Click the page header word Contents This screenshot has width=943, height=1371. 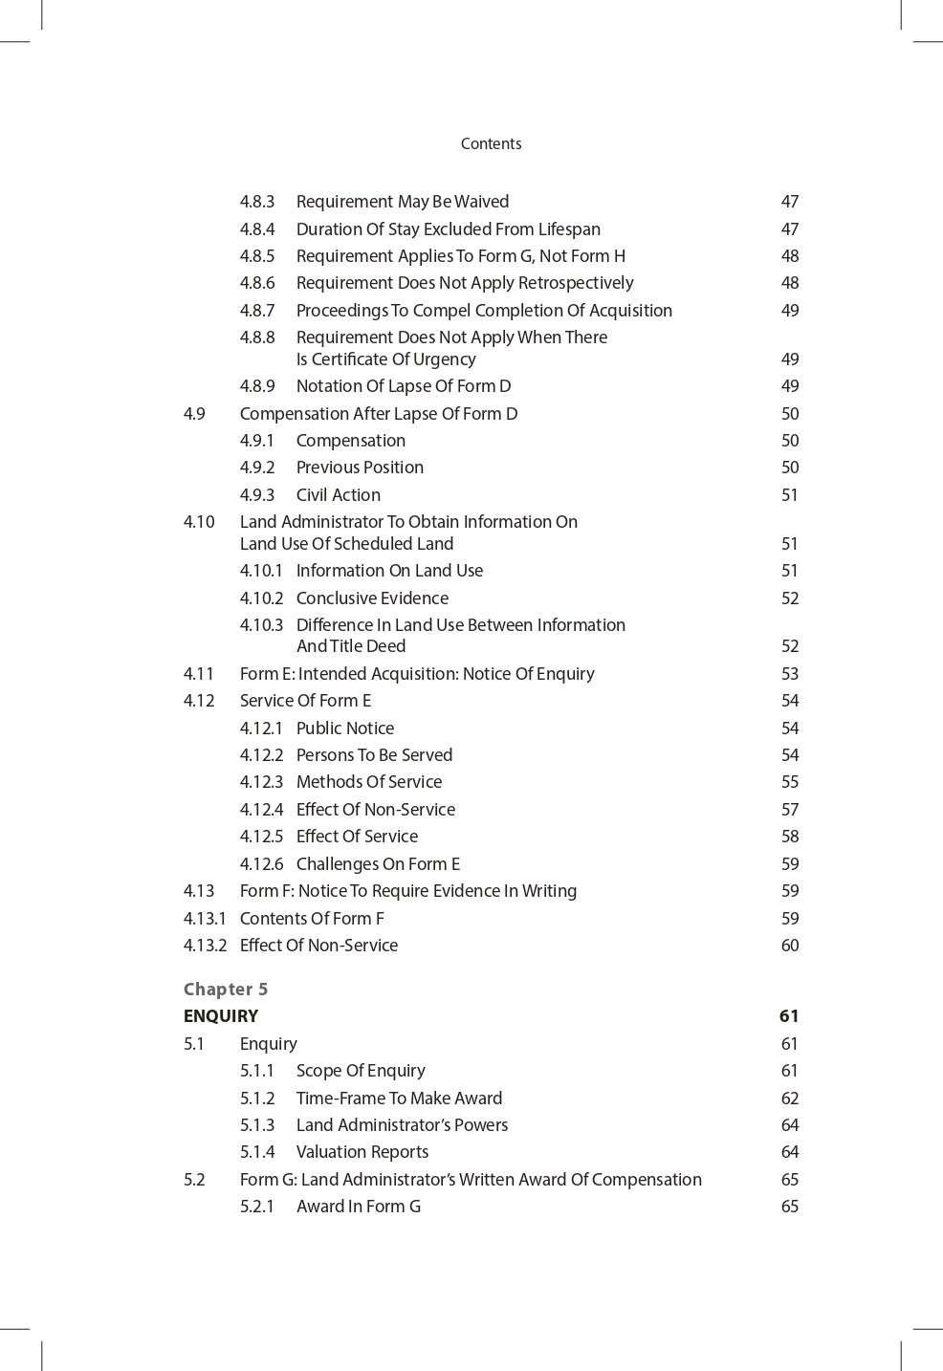[491, 143]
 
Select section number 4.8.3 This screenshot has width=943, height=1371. [256, 202]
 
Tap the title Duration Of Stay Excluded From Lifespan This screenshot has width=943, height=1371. [448, 229]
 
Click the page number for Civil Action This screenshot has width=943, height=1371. [789, 495]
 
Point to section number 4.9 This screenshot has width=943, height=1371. [194, 414]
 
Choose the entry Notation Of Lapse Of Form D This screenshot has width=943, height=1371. [403, 386]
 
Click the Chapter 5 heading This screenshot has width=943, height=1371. [226, 990]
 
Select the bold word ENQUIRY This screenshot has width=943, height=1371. [221, 1016]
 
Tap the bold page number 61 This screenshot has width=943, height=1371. [788, 1016]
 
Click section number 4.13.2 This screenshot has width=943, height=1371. [205, 946]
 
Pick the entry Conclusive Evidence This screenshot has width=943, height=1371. [372, 598]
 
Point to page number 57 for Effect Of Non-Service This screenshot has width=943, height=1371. [789, 810]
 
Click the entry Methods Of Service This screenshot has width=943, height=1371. [368, 782]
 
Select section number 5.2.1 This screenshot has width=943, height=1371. [256, 1207]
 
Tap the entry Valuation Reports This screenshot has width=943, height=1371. [362, 1152]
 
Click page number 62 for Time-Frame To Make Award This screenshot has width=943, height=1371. [789, 1099]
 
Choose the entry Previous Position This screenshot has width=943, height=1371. [360, 468]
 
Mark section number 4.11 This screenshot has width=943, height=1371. [199, 674]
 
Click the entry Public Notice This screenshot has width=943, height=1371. [344, 729]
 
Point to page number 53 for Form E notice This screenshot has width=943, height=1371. [789, 674]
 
